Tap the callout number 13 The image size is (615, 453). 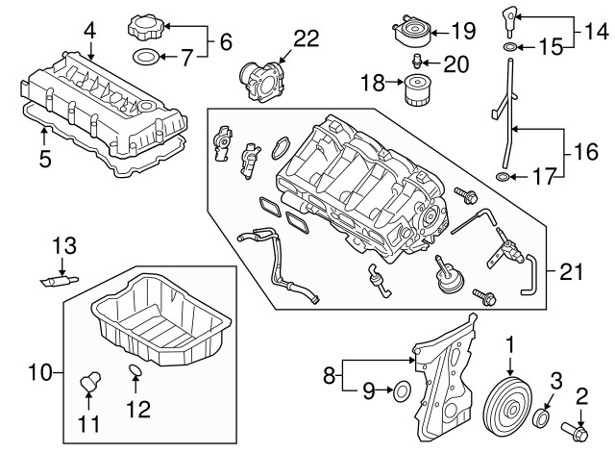point(62,246)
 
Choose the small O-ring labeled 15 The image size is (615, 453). point(506,46)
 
